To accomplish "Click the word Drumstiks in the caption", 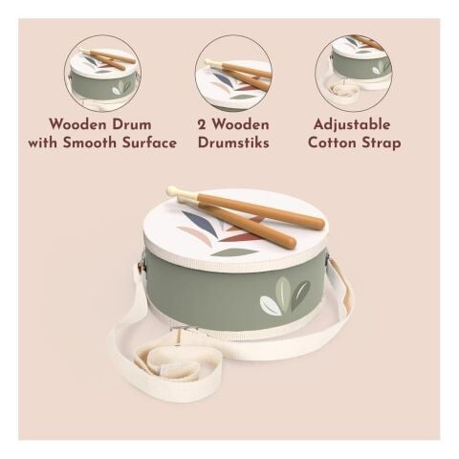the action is (233, 142).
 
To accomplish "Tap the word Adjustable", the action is (352, 124).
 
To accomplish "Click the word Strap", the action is (381, 143).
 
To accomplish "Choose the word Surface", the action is (149, 142).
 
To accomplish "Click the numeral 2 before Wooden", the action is (202, 124).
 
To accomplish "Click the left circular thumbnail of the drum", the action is (103, 74).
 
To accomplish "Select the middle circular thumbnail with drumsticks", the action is (233, 74).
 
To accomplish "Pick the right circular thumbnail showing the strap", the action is (354, 74).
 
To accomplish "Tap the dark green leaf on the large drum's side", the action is (299, 295).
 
